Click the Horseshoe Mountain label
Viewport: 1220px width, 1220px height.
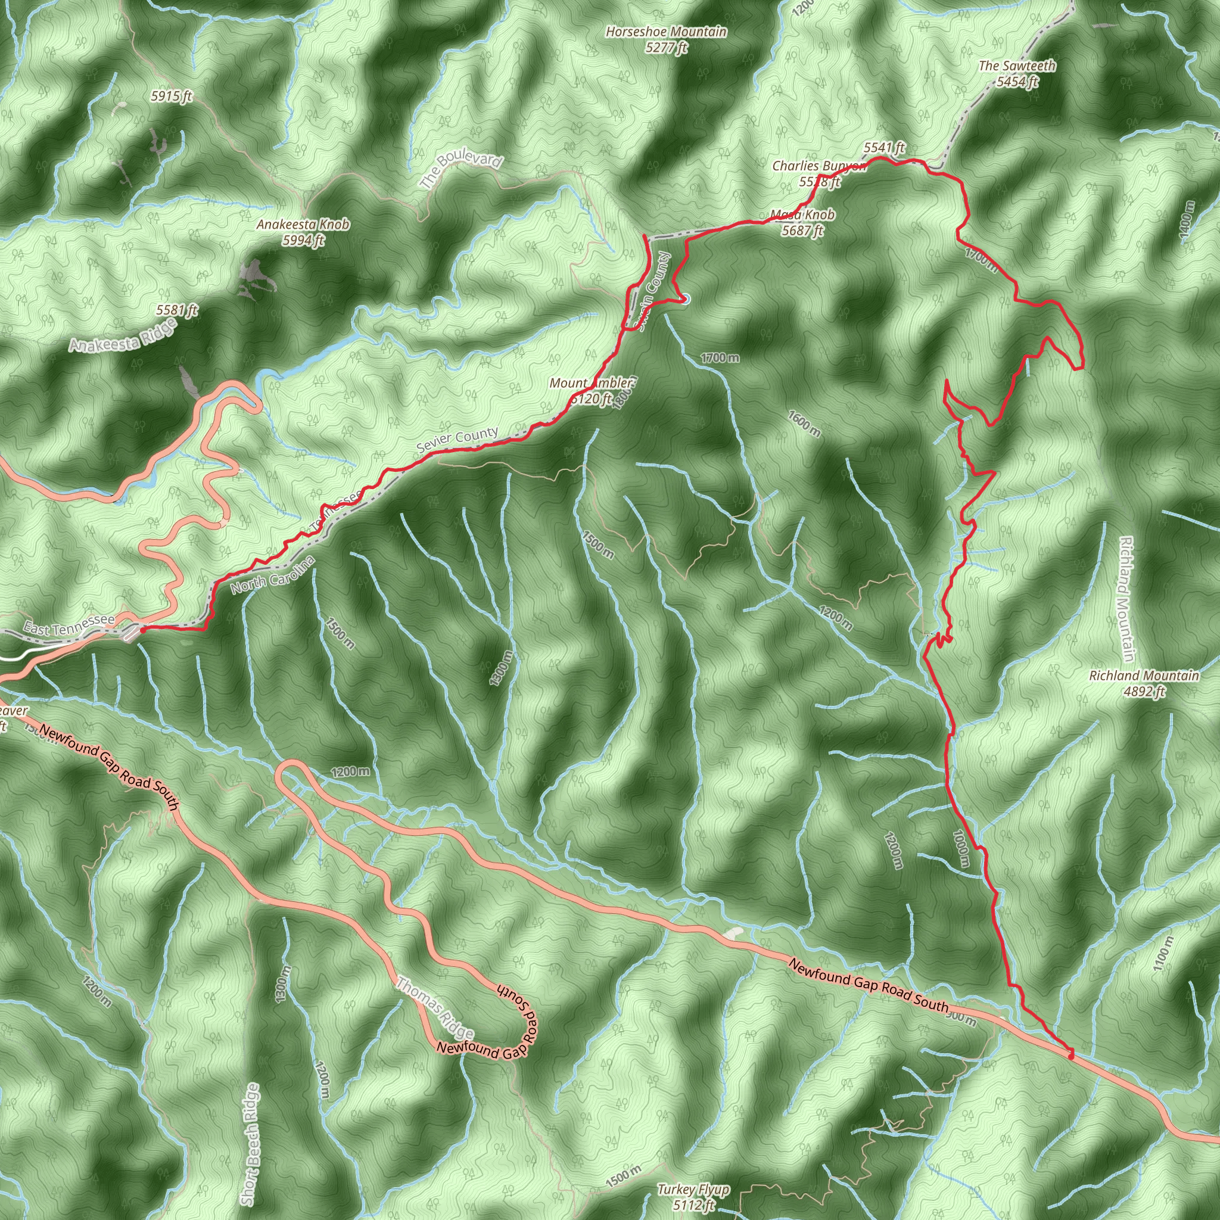point(666,39)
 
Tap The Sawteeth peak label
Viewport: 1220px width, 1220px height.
point(1017,73)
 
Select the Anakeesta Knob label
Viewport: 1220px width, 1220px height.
point(303,232)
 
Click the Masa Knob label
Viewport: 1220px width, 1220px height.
point(802,222)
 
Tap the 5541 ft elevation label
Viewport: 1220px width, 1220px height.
point(884,148)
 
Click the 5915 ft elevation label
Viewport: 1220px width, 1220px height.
point(172,97)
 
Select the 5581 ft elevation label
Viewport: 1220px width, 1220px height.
point(177,310)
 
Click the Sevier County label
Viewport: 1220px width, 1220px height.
point(457,440)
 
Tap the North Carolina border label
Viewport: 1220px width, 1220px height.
point(272,575)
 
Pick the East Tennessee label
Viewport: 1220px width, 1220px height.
point(70,625)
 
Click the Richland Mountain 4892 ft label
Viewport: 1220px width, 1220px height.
point(1144,683)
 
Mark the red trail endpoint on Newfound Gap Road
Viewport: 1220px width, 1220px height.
point(1070,1055)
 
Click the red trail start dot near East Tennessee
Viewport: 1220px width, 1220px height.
point(143,630)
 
